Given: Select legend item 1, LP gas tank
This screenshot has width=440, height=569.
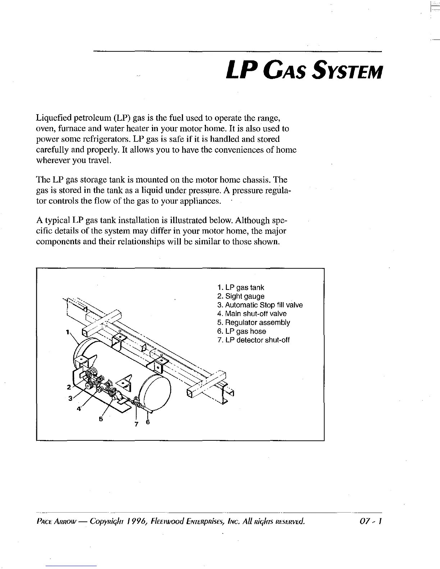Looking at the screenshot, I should click(x=240, y=288).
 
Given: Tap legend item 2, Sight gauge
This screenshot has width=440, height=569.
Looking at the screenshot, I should click(x=240, y=296).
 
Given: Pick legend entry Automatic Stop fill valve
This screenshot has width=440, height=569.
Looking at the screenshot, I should click(x=260, y=305).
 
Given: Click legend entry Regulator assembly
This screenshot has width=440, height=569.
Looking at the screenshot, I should click(x=253, y=323).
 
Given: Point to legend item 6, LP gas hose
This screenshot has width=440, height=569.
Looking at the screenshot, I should click(x=242, y=331).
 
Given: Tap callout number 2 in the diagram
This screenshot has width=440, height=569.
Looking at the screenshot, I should click(x=68, y=387).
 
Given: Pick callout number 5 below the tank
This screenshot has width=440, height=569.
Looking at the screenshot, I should click(x=101, y=419).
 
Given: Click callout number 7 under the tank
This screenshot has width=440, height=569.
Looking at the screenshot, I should click(x=136, y=424).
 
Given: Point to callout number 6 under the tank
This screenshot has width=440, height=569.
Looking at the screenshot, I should click(x=147, y=422).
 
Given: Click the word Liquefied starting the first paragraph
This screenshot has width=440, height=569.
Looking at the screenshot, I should click(x=54, y=118).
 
